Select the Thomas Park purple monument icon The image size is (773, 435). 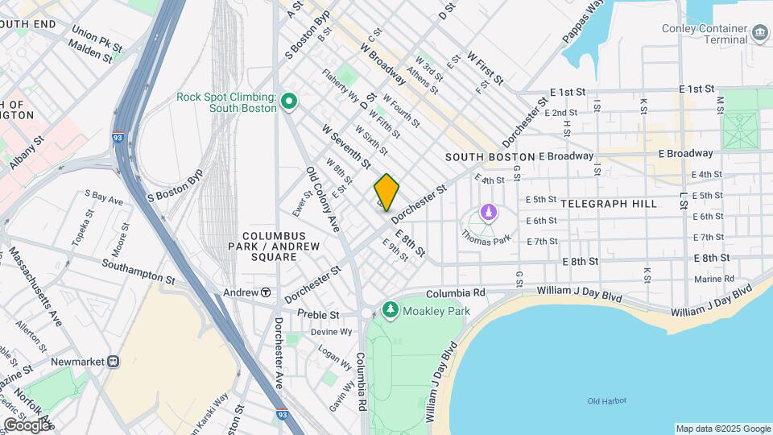point(486,213)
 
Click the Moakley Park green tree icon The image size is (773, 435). point(391,309)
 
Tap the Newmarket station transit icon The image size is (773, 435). point(114,362)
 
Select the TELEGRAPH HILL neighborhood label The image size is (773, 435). point(610,204)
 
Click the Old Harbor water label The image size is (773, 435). point(606,401)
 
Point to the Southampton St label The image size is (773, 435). point(138,271)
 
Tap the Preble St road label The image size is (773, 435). point(317,313)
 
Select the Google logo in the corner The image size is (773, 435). point(27,425)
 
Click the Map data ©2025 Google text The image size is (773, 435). point(722,429)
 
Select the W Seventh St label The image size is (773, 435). point(346,146)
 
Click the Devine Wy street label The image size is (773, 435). point(332,331)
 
